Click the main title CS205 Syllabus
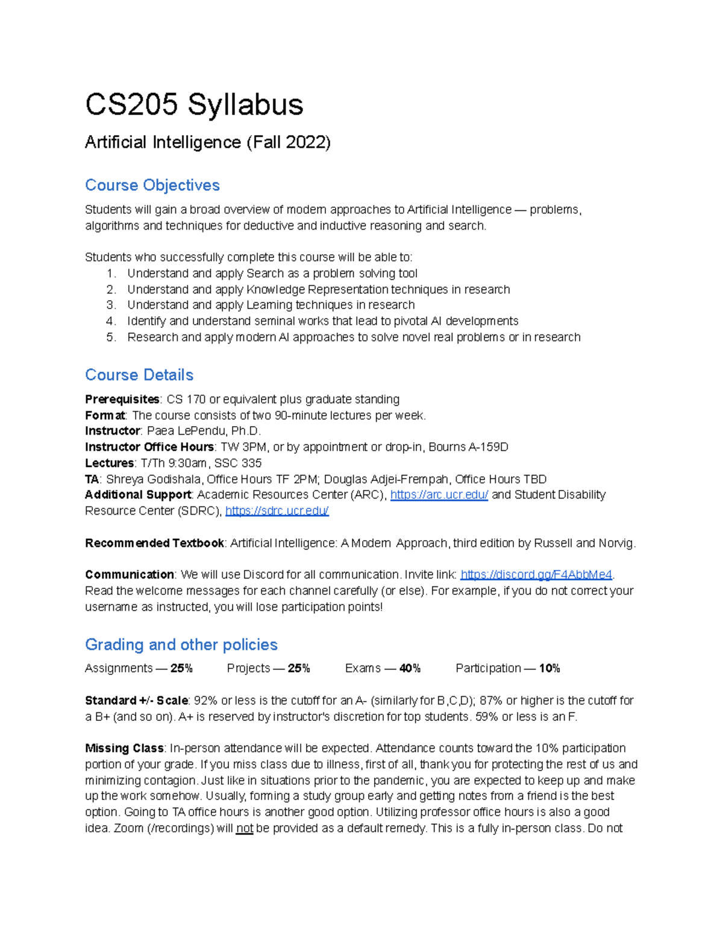coord(194,104)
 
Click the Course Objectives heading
coord(152,185)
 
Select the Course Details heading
coord(139,375)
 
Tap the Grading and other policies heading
coord(181,644)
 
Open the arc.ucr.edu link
coord(439,495)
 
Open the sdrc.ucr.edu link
coord(277,511)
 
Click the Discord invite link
coord(536,574)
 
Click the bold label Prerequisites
coord(122,400)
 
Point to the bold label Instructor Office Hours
coord(149,447)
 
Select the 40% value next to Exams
coord(410,668)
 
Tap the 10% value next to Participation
coord(549,668)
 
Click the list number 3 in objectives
coord(111,305)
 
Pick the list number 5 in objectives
coord(111,338)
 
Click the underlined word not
coord(245,829)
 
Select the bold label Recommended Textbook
coord(155,543)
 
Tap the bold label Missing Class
coord(124,748)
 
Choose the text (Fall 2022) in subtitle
coord(288,142)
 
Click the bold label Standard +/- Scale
coord(137,700)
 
